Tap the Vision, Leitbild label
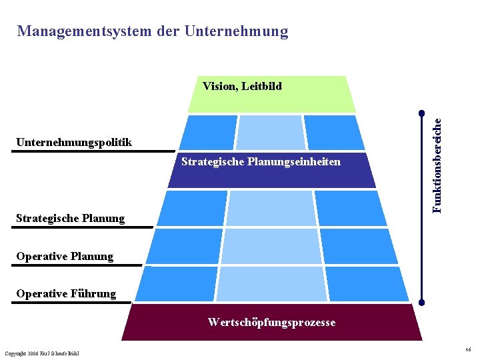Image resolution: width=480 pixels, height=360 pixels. click(x=242, y=86)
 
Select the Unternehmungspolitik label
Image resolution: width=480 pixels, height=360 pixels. click(x=74, y=142)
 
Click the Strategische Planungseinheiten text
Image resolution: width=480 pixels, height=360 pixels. click(x=261, y=162)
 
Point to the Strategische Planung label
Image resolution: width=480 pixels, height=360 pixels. click(x=70, y=218)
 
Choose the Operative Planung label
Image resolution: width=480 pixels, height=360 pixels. click(x=65, y=256)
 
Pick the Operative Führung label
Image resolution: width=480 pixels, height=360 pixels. click(x=66, y=293)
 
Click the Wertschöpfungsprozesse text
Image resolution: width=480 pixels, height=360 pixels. click(x=271, y=323)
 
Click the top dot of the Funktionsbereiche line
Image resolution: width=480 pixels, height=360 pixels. click(x=421, y=112)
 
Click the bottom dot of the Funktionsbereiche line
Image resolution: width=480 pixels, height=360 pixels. click(x=421, y=303)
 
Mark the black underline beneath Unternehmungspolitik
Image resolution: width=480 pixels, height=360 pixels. click(x=93, y=151)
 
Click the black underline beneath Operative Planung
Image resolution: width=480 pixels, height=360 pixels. click(x=77, y=265)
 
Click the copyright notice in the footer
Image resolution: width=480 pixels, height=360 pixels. click(x=41, y=353)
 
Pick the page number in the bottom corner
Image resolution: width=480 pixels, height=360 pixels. click(x=469, y=349)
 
